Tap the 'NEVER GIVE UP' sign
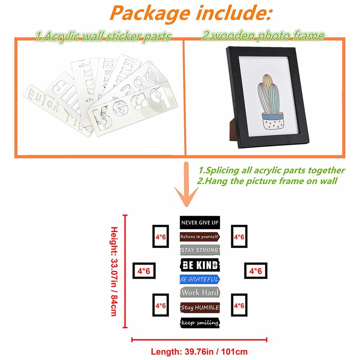199,222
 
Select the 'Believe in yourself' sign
199,236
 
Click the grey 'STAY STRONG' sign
199,249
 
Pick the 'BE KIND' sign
199,264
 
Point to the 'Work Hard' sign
199,293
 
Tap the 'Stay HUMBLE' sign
199,307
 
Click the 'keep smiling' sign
199,322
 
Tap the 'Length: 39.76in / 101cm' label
199,351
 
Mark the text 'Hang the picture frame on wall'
271,181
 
